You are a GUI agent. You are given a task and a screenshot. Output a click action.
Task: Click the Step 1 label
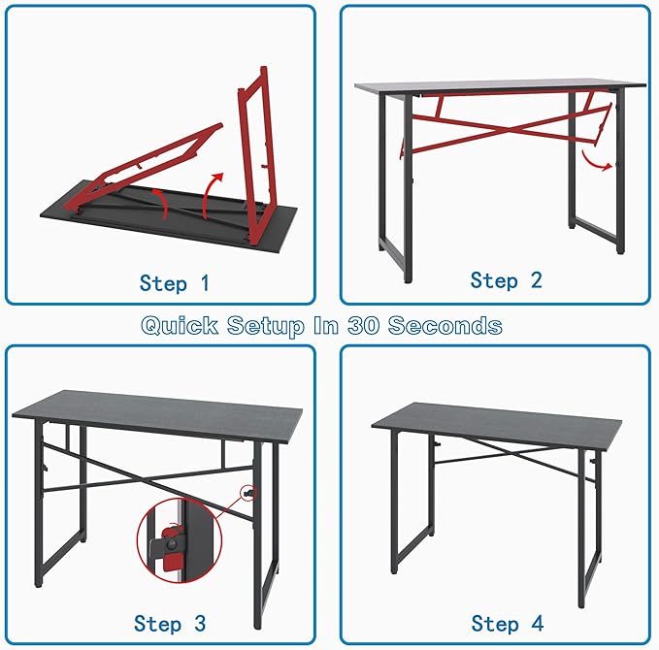coord(175,282)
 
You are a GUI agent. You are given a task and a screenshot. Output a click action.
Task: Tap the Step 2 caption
coord(506,280)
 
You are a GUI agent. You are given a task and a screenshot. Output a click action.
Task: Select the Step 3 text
coord(170,623)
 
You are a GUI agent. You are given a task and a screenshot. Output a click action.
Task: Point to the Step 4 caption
coord(508,623)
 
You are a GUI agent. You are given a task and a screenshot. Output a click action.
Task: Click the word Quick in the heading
coord(180,326)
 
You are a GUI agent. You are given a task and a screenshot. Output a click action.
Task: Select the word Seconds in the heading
coord(445,326)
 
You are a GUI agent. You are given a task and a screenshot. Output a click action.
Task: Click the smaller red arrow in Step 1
coord(162,202)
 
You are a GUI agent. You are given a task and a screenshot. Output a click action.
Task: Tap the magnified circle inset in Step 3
coord(180,540)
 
